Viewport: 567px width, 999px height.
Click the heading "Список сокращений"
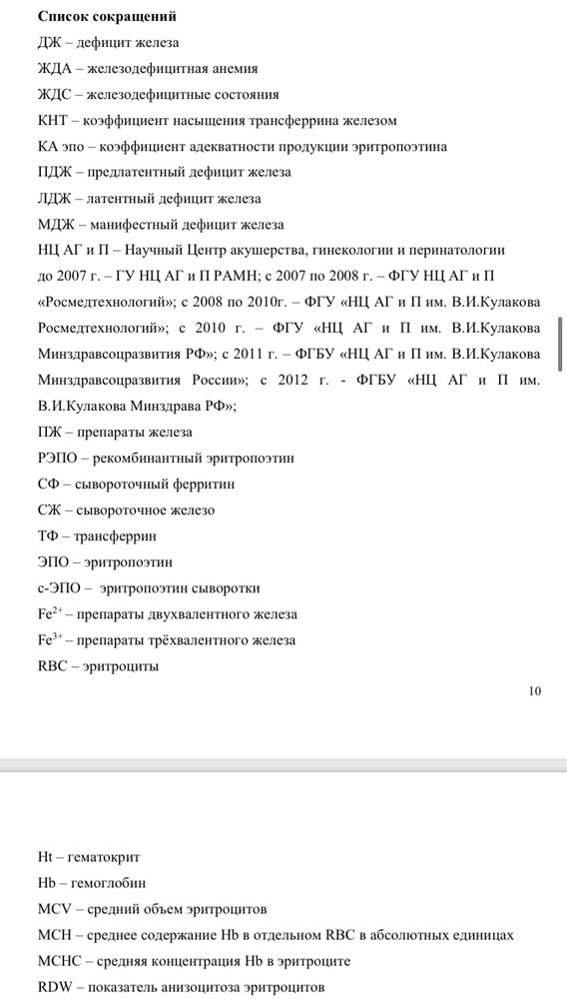pyautogui.click(x=107, y=17)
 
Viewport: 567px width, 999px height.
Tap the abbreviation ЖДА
pyautogui.click(x=50, y=69)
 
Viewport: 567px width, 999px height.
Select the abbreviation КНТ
pyautogui.click(x=50, y=121)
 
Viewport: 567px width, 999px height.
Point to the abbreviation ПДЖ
pyautogui.click(x=51, y=173)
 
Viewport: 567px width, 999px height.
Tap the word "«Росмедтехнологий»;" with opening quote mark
pyautogui.click(x=94, y=302)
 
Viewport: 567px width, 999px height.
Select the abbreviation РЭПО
pyautogui.click(x=54, y=458)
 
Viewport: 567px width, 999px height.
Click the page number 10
pyautogui.click(x=535, y=689)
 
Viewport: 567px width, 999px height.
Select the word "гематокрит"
pyautogui.click(x=103, y=857)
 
